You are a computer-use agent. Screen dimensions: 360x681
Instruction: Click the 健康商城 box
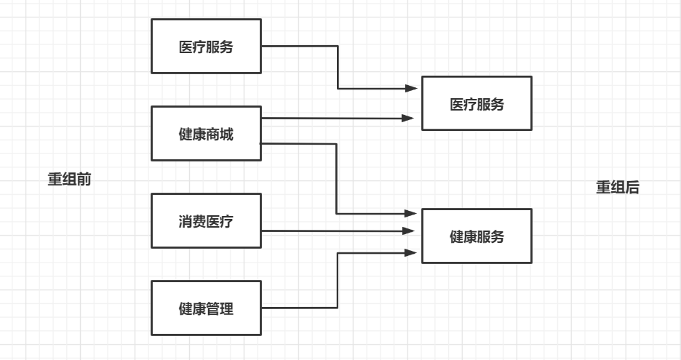tap(206, 134)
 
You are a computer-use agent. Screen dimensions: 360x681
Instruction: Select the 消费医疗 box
tap(206, 221)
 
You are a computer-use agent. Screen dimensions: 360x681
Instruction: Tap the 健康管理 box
tap(206, 308)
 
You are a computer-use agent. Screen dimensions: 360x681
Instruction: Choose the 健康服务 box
tap(477, 236)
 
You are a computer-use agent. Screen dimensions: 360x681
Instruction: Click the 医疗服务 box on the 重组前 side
tap(206, 47)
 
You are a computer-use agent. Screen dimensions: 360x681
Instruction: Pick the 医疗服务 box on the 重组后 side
tap(477, 103)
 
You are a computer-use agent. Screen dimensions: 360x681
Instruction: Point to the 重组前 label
tap(69, 180)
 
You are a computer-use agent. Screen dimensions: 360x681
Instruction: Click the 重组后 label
tap(618, 188)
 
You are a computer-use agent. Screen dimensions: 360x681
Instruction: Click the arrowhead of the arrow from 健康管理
tap(412, 253)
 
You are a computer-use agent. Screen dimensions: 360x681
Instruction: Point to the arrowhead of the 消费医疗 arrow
tap(412, 231)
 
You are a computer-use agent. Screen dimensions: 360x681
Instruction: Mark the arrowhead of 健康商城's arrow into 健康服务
tap(412, 214)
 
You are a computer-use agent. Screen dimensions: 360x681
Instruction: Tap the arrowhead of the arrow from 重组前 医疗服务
tap(412, 89)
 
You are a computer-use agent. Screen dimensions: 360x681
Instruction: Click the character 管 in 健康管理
tap(215, 308)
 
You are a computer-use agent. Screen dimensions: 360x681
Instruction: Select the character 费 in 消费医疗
tap(197, 221)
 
